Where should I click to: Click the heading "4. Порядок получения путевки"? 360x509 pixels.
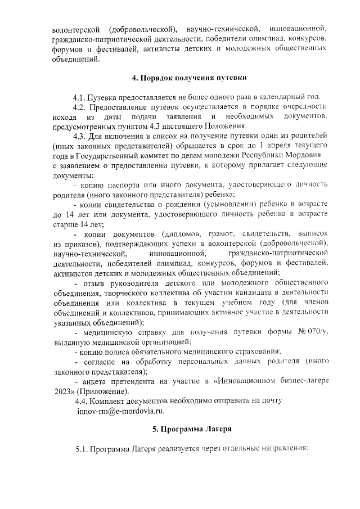point(186,77)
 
